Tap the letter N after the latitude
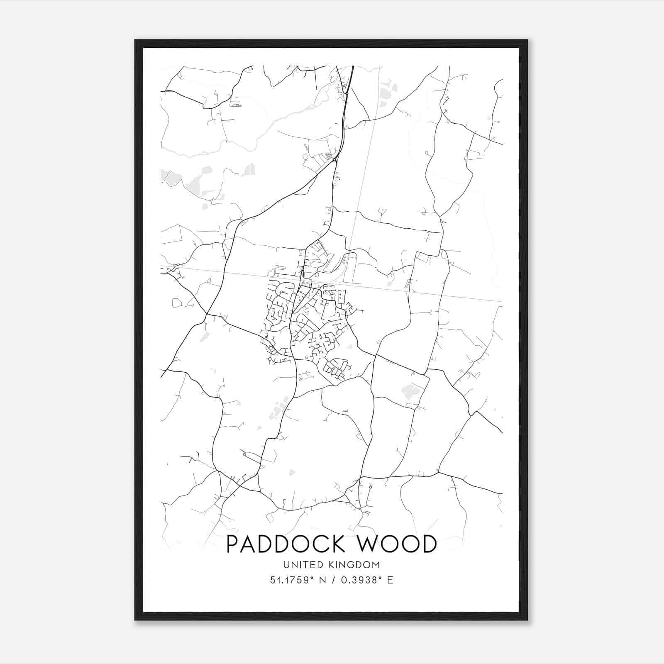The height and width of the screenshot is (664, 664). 322,580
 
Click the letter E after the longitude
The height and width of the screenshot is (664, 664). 390,580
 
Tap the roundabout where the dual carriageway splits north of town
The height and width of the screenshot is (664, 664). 334,159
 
